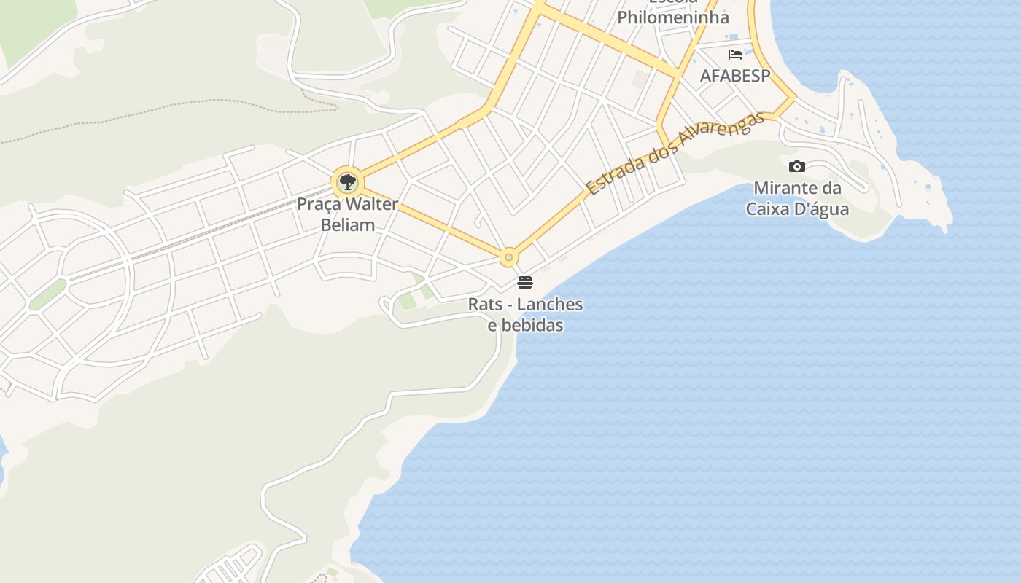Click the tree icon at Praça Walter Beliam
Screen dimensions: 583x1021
coord(347,181)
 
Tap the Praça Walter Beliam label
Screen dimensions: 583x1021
coord(348,214)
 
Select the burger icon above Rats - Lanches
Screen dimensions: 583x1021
coord(525,283)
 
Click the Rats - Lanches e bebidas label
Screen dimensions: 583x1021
coord(525,314)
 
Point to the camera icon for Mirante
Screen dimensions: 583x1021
coord(797,166)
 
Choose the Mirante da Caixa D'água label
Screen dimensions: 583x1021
coord(797,198)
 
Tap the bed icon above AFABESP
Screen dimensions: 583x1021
coord(735,55)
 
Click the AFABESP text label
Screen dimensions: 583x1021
coord(735,76)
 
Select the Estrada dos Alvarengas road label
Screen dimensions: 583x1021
coord(675,153)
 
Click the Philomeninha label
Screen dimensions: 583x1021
coord(673,17)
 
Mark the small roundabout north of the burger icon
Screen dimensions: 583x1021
coord(509,257)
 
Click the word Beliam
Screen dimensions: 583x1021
coord(348,225)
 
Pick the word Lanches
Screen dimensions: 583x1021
coord(550,304)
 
